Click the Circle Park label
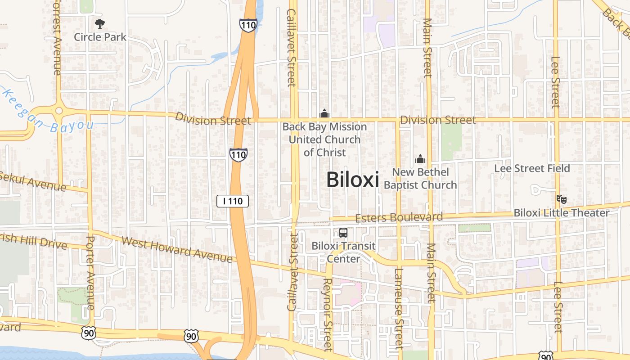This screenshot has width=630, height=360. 100,37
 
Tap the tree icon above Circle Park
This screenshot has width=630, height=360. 100,23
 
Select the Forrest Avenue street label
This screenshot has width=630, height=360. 57,38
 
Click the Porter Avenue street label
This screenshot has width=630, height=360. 90,272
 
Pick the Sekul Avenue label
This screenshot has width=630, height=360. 34,181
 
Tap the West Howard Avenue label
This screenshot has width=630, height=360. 177,249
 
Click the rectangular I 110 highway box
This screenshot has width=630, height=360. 233,201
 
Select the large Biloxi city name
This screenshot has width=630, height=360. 352,180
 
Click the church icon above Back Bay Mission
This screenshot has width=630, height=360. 324,113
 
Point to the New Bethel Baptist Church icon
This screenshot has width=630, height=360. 420,159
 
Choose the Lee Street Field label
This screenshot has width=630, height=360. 532,168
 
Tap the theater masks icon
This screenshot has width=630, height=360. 561,198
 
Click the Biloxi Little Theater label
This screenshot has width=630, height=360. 561,212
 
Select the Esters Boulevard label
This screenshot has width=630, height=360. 399,218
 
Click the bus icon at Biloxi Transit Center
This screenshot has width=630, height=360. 343,233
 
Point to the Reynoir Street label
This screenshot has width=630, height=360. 327,314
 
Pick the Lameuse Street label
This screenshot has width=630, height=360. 399,308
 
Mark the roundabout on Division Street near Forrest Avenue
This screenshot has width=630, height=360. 58,111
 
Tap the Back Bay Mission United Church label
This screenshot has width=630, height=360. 324,139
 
